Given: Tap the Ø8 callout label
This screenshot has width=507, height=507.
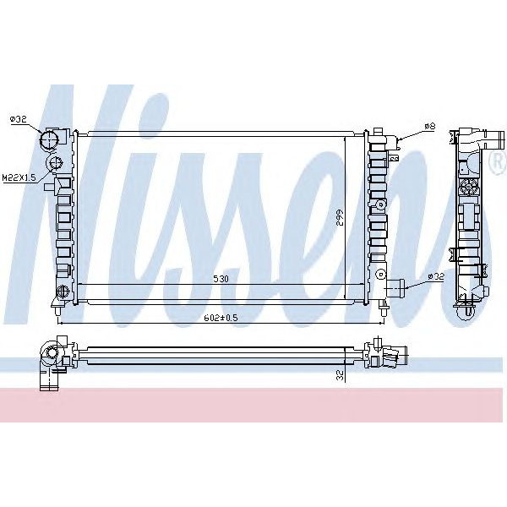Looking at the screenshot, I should (x=430, y=126).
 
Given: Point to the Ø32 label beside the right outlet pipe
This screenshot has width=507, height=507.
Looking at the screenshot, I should (x=435, y=276).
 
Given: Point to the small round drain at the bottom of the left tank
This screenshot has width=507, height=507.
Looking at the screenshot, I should (x=60, y=293).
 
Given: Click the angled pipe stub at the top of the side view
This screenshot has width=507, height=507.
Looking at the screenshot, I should (x=490, y=137).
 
